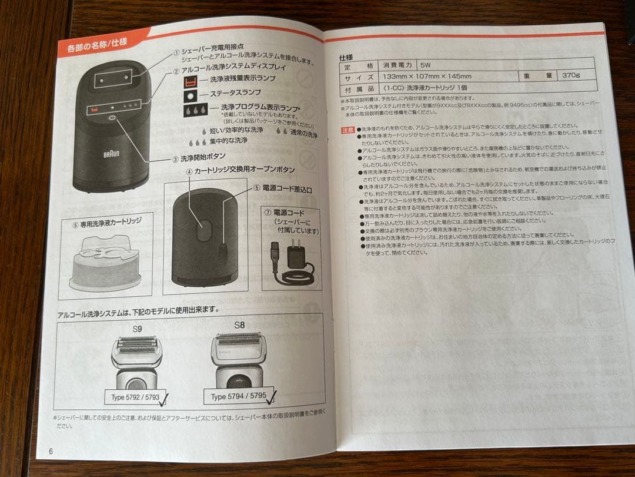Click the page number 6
click(51, 451)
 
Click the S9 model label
click(137, 327)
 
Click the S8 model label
click(239, 324)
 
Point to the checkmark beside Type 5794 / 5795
click(271, 399)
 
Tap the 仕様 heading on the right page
click(346, 58)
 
